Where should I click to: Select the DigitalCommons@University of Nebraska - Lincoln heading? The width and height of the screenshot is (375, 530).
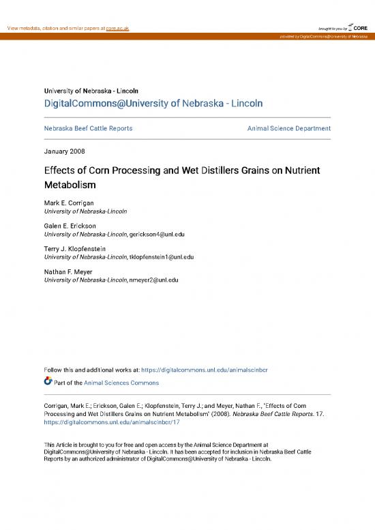153,103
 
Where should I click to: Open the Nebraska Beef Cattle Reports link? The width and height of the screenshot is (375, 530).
88,128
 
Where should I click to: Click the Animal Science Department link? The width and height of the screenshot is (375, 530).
288,128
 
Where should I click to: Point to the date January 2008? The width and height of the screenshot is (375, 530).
64,151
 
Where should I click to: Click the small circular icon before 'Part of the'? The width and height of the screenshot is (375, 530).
48,382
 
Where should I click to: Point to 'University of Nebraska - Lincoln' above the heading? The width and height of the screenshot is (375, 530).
91,90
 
